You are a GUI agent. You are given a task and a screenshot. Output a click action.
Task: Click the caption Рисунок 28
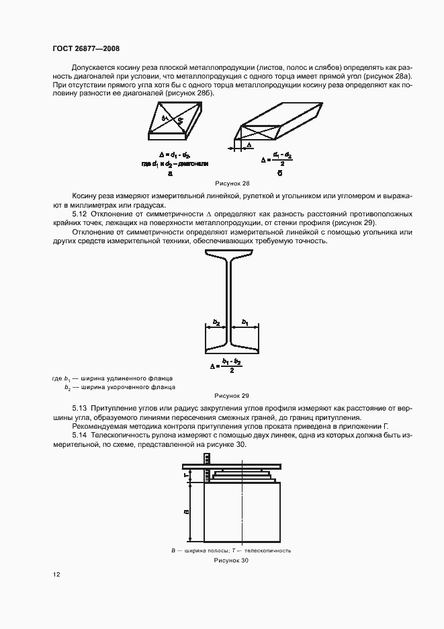(x=232, y=183)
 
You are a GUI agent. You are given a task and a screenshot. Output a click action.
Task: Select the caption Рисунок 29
(x=232, y=396)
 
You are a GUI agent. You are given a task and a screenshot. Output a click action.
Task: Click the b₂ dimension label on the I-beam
(x=216, y=323)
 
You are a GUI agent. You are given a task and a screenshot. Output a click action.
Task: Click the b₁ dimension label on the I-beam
(x=246, y=323)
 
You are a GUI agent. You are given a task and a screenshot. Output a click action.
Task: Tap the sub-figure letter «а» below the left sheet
(x=171, y=173)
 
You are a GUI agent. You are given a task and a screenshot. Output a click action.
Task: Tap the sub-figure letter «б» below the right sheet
(x=277, y=173)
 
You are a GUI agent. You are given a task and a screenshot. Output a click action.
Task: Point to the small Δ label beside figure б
(x=249, y=144)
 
